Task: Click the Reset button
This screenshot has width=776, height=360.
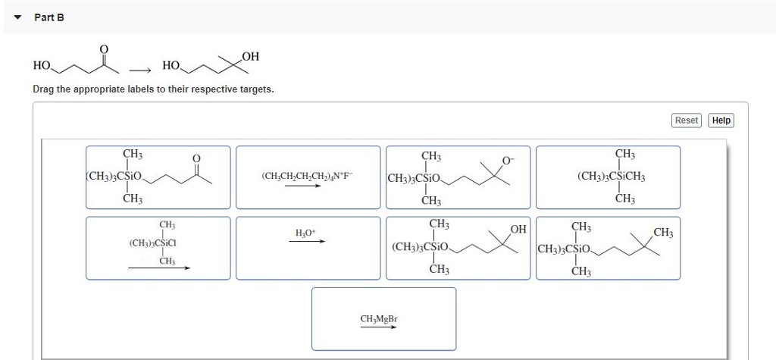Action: pos(687,120)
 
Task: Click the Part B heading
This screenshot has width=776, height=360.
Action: pos(49,17)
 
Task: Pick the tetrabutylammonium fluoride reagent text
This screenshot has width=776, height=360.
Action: pos(307,175)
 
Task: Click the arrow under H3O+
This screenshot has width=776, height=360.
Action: pos(306,242)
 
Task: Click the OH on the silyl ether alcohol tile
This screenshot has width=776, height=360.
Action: pos(518,229)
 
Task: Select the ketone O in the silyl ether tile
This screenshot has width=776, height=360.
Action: pos(197,158)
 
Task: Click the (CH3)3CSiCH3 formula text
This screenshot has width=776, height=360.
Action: pos(611,177)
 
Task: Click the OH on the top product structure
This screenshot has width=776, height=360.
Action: pos(251,55)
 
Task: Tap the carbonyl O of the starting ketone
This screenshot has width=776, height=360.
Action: pos(105,49)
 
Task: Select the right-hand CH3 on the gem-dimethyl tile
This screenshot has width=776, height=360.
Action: pos(663,232)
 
